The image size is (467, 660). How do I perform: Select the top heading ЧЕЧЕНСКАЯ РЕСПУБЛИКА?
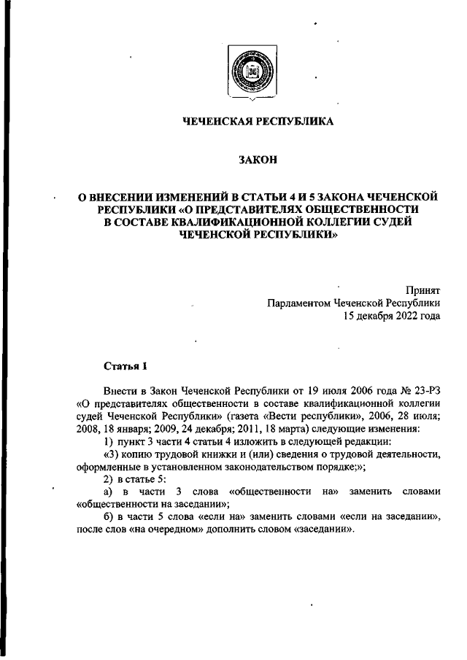coord(258,122)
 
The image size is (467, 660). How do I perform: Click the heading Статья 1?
coord(126,367)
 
